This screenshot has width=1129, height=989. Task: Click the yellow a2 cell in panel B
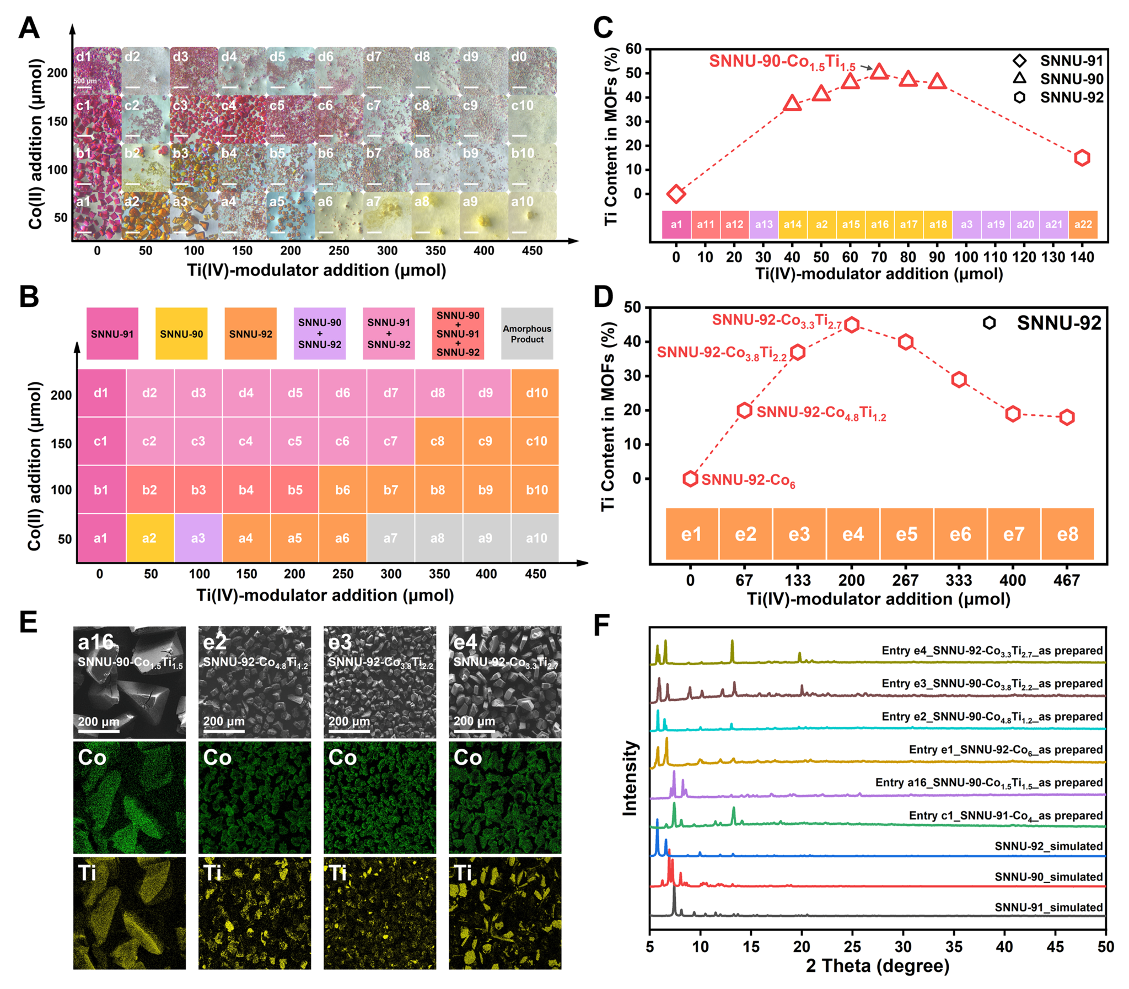[149, 538]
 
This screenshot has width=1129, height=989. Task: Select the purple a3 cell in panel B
[198, 538]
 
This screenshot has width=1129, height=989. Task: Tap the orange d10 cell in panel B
[535, 393]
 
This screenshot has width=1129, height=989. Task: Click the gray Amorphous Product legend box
[526, 334]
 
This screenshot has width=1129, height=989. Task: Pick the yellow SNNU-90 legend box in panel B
[181, 334]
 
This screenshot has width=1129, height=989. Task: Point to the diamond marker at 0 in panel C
[676, 194]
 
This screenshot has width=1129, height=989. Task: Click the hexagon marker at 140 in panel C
[1082, 158]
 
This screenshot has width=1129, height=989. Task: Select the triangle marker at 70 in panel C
[879, 71]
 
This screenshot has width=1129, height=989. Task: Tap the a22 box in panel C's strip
[1083, 225]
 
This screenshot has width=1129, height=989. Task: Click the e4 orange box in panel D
[852, 534]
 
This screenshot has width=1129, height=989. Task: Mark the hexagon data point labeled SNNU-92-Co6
[690, 478]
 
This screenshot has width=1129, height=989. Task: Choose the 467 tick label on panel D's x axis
[1067, 580]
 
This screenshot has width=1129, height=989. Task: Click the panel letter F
[601, 626]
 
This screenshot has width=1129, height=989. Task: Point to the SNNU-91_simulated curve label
[1049, 907]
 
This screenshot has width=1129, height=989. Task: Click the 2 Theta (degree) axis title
[877, 966]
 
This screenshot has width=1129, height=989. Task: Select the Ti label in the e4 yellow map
[463, 873]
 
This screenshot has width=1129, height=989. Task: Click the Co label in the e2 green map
[217, 758]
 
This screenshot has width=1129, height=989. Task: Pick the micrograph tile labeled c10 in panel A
[532, 119]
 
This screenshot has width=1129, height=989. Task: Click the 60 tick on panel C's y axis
[633, 49]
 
